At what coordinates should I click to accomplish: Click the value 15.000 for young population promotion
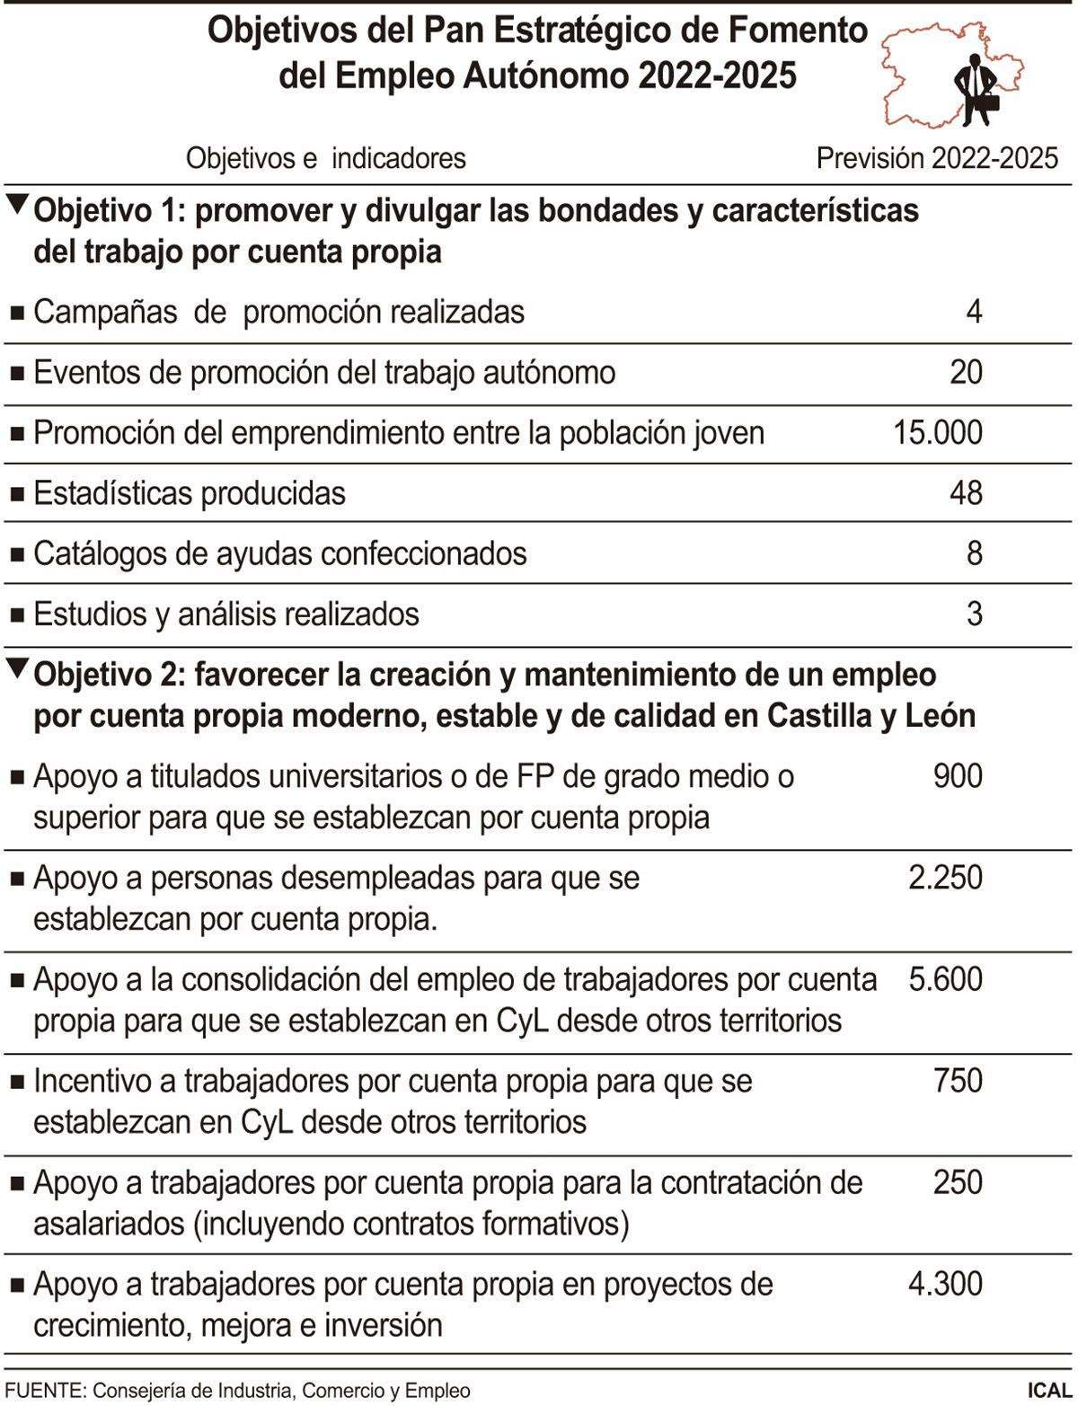point(937,433)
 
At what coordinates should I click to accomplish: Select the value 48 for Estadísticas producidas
point(966,493)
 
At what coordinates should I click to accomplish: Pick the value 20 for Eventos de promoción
point(966,372)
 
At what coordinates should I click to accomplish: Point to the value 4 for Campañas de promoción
point(974,312)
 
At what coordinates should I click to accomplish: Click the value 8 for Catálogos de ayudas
point(975,553)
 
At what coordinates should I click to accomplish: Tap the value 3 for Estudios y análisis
point(975,615)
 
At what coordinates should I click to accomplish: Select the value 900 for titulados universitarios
point(958,775)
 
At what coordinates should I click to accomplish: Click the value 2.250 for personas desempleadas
point(945,877)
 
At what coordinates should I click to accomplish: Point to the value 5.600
point(945,978)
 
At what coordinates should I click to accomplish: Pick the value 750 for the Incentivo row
point(958,1080)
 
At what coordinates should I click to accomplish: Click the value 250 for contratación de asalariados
point(958,1181)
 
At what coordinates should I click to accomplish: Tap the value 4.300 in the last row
point(945,1283)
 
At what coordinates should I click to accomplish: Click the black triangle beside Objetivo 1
point(17,204)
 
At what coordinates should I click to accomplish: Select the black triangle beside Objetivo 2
point(17,668)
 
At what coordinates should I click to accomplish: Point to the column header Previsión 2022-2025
point(937,158)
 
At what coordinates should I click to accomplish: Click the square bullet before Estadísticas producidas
point(17,494)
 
